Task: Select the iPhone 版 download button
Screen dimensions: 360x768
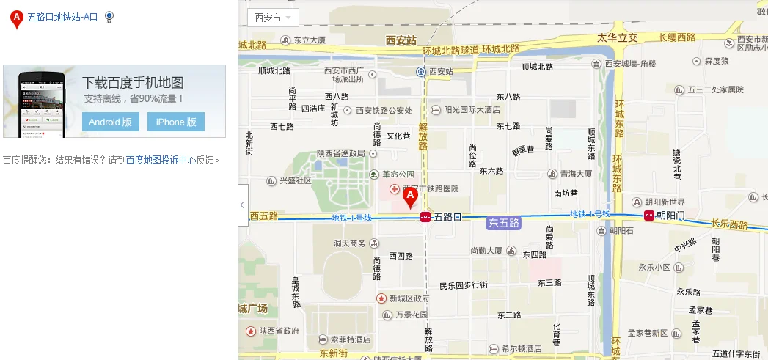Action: [175, 122]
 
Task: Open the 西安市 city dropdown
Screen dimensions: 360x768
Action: [272, 18]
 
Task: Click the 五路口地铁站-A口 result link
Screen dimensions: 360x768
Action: [62, 17]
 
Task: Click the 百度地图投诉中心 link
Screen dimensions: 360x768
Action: [161, 159]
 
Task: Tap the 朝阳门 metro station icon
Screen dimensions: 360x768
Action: [649, 216]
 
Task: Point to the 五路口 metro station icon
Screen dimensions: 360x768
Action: [425, 217]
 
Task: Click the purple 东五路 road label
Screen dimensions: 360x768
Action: [503, 222]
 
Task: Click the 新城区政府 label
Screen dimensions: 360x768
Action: [409, 298]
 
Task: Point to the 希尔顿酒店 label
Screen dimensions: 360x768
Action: [522, 348]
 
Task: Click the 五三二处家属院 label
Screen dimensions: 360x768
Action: [714, 89]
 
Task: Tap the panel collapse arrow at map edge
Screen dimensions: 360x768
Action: [242, 205]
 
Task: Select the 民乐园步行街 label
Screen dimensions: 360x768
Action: [463, 285]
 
